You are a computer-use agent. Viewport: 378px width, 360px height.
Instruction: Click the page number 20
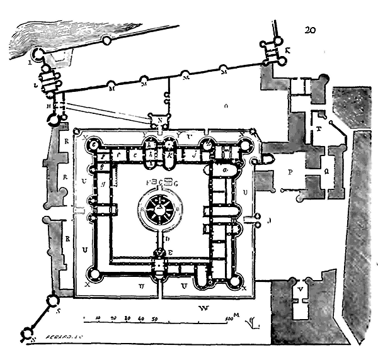(x=309, y=30)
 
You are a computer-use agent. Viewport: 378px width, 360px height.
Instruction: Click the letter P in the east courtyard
(x=291, y=171)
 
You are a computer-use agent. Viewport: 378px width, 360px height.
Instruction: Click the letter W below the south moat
(x=203, y=308)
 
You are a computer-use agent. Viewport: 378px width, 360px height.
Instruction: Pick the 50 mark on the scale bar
(x=154, y=318)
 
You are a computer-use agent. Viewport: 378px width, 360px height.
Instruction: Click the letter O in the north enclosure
(x=225, y=107)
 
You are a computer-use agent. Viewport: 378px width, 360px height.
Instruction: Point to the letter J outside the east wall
(x=269, y=220)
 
